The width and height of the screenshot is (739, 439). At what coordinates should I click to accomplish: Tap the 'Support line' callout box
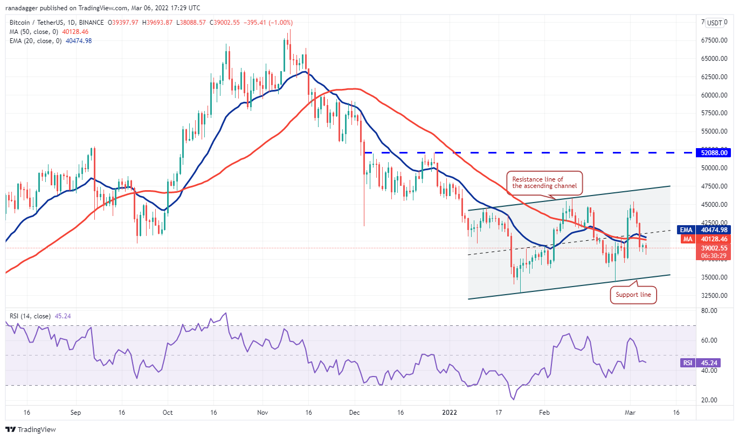[x=633, y=295]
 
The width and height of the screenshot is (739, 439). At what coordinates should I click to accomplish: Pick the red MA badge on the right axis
[x=687, y=239]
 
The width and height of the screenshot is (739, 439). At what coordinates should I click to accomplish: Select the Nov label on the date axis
[x=263, y=412]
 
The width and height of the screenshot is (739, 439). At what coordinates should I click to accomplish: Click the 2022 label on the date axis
[x=449, y=412]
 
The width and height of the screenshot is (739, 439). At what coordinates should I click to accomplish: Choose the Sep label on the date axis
[x=75, y=412]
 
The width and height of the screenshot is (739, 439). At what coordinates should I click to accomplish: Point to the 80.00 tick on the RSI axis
[x=708, y=311]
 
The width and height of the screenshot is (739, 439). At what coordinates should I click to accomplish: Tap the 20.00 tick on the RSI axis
[x=708, y=400]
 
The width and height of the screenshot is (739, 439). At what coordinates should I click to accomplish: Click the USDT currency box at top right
[x=715, y=23]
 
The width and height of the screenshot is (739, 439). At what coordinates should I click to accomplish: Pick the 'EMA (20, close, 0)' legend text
[x=34, y=41]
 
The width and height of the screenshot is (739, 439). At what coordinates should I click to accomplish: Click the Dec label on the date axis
[x=355, y=412]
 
